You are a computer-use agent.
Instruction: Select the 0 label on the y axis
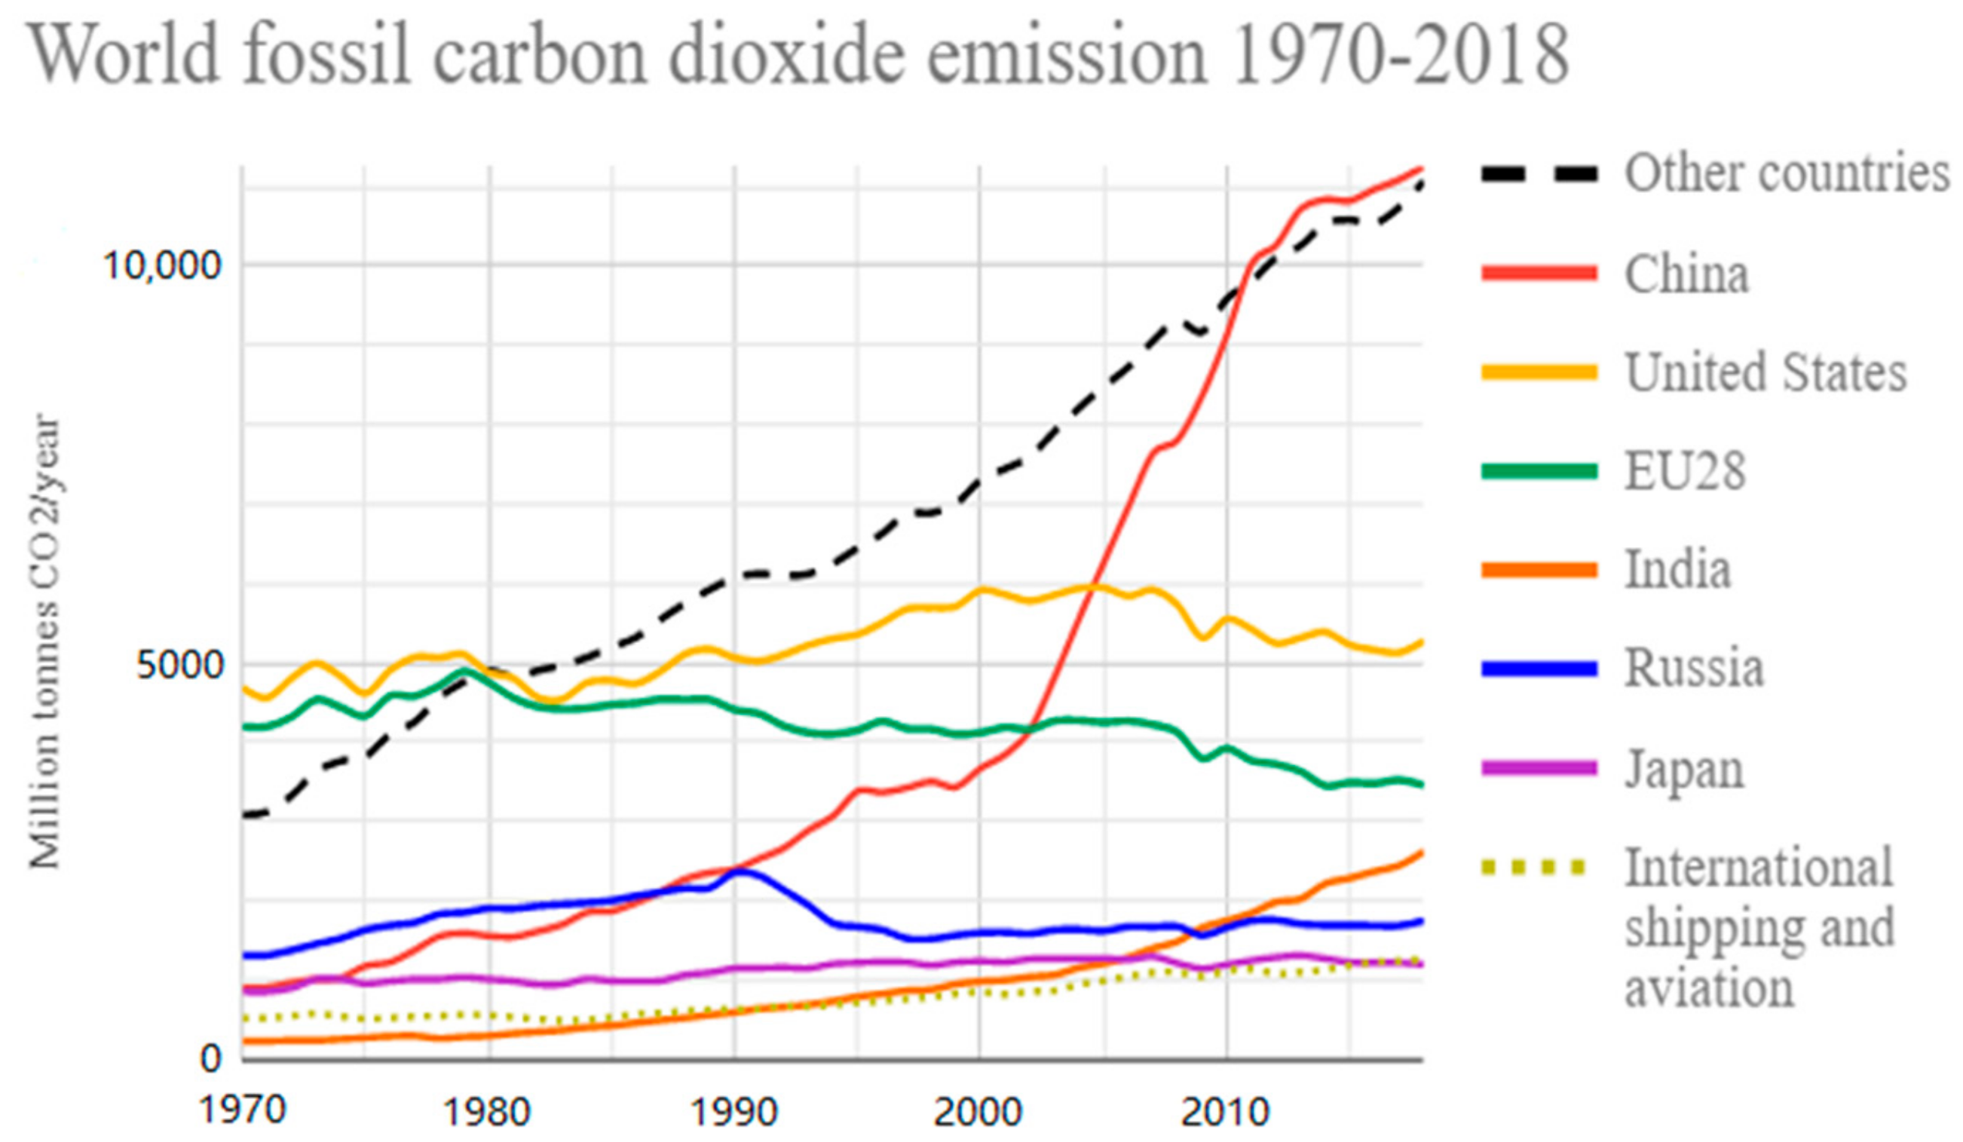(x=210, y=1059)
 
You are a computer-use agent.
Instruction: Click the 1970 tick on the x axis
(x=242, y=1110)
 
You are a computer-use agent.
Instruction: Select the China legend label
(x=1686, y=274)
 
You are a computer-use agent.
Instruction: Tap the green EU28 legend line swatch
(x=1539, y=471)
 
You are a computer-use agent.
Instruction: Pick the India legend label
(x=1677, y=569)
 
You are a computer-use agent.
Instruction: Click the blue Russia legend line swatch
(x=1539, y=669)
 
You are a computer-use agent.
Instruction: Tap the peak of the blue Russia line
(x=744, y=871)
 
